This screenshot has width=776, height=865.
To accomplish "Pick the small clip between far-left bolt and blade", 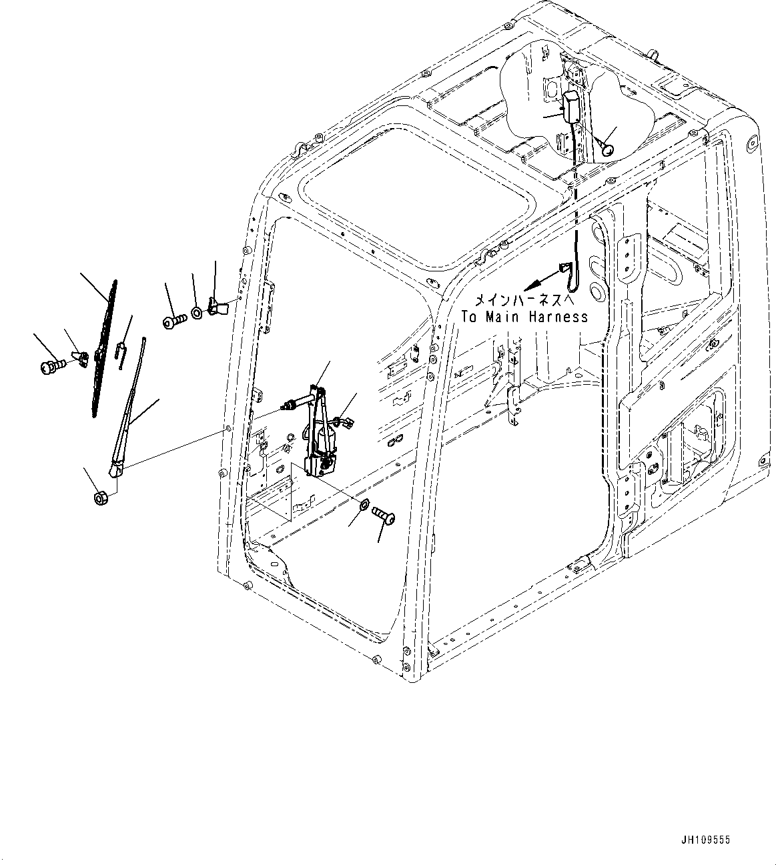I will [x=80, y=358].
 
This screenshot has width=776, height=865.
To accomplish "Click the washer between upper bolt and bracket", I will [x=198, y=312].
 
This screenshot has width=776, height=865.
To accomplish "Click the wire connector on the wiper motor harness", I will [x=344, y=421].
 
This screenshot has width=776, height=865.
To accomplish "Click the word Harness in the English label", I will [x=558, y=317].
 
